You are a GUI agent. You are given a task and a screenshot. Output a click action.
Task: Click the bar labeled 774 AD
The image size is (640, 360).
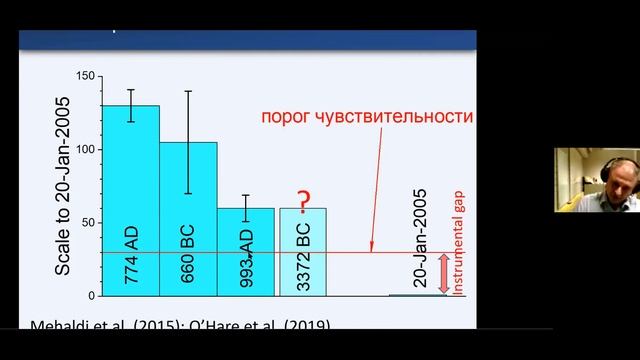point(130,200)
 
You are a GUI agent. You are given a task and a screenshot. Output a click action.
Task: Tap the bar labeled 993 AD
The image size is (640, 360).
point(246,251)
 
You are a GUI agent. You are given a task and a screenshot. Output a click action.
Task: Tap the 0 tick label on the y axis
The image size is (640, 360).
point(91,295)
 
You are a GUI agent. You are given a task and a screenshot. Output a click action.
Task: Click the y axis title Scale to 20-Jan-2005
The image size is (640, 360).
point(62,186)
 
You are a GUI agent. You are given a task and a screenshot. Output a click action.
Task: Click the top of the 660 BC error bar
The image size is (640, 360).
point(188,91)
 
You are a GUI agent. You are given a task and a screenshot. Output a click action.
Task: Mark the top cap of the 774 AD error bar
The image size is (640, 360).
point(130,90)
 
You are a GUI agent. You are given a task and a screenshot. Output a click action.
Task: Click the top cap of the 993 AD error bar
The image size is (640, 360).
point(246,195)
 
